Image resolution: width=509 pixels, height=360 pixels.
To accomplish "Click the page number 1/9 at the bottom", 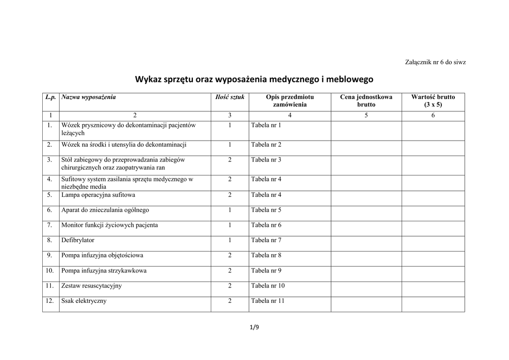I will [254, 327].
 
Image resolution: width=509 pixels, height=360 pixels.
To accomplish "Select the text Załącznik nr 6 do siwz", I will [435, 62].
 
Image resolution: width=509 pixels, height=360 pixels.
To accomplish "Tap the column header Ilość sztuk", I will [230, 97].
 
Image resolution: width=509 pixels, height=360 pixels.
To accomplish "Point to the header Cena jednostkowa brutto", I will [366, 101].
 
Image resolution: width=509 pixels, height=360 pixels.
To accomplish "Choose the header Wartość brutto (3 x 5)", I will [432, 101].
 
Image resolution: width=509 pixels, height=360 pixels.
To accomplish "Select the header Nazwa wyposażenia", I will [88, 97].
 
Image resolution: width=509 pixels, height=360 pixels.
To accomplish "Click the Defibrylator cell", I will [78, 240].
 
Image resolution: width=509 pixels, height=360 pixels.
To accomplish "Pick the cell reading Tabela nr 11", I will [267, 301].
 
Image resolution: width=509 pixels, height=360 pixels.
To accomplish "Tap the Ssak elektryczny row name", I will [84, 301].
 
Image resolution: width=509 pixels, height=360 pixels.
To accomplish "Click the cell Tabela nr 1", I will [266, 125].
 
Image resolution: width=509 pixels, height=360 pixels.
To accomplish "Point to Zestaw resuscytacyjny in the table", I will [91, 286].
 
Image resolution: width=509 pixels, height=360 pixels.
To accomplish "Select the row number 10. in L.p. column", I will [50, 271].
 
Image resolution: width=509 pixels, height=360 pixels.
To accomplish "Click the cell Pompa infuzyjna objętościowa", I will [102, 256].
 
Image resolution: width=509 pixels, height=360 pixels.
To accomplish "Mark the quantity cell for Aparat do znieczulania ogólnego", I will [230, 210].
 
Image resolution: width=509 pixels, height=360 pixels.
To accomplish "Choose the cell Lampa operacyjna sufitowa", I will [98, 195].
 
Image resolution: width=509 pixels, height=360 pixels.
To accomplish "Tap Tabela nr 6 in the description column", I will [266, 225].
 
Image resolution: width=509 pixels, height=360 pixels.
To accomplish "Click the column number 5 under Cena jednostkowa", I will [366, 116].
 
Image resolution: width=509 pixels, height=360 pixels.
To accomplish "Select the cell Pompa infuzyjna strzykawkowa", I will [104, 271].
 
